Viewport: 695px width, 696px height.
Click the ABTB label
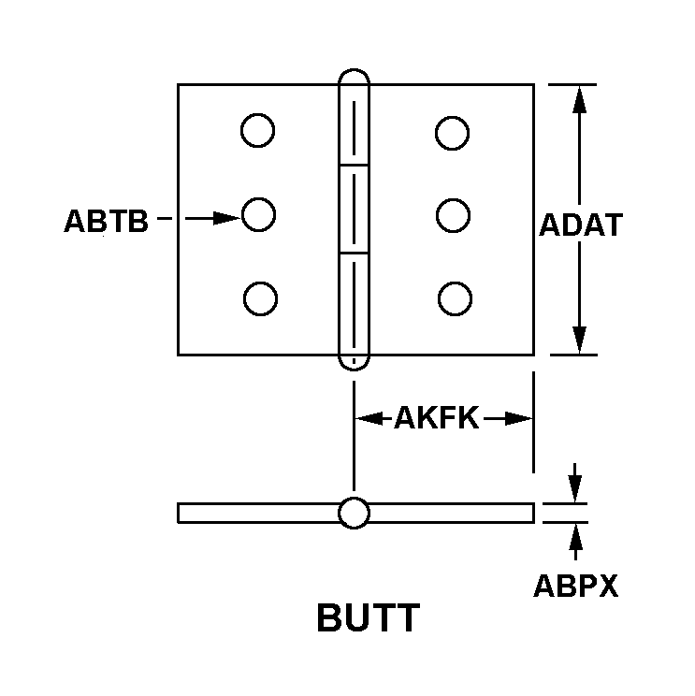tap(106, 221)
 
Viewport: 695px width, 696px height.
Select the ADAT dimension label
tap(581, 225)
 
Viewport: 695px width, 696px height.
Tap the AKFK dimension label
tap(437, 417)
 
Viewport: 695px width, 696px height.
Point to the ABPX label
tap(575, 586)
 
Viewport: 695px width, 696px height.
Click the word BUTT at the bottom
tap(368, 617)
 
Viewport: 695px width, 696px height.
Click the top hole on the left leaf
tap(258, 130)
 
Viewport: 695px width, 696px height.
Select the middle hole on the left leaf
tap(259, 214)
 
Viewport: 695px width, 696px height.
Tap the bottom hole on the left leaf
tap(261, 298)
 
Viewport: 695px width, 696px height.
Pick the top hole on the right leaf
tap(452, 133)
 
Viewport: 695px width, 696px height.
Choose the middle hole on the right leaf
tap(453, 215)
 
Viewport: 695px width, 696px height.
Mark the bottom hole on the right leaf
tap(455, 298)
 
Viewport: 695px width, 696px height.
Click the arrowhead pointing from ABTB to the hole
tap(226, 218)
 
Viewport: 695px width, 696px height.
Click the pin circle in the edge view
tap(354, 513)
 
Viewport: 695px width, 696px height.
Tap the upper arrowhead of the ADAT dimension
tap(579, 99)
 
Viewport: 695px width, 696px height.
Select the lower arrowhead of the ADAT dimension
tap(579, 340)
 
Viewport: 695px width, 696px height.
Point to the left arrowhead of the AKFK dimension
tap(369, 418)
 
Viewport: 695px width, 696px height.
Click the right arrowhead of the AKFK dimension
tap(518, 418)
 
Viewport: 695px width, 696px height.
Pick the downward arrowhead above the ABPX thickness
tap(575, 488)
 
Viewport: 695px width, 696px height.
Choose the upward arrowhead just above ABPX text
tap(575, 538)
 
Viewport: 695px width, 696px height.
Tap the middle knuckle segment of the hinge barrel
tap(354, 209)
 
